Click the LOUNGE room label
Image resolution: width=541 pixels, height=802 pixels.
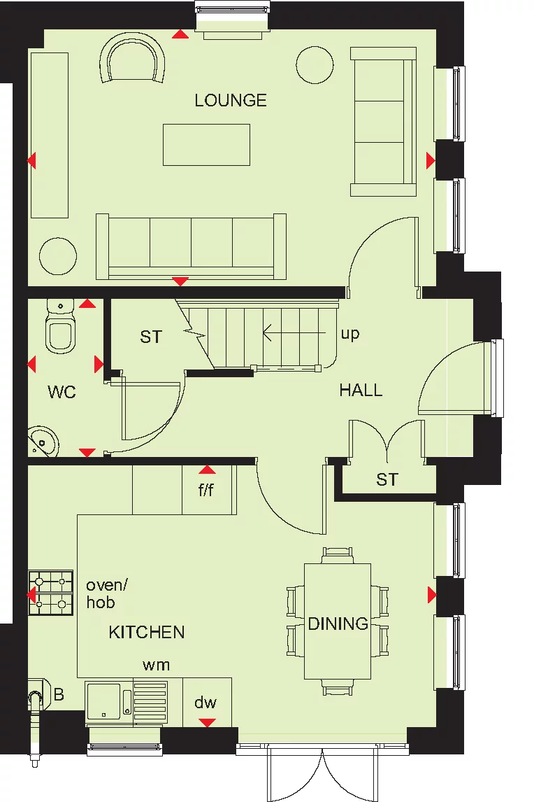pos(231,100)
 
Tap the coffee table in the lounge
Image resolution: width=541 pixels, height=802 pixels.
pos(206,145)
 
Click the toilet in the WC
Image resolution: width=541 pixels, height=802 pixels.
pos(60,329)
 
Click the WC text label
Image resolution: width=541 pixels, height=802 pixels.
pos(62,392)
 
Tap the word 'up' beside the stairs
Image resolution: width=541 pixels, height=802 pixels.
pos(350,334)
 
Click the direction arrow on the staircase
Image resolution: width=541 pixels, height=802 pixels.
pos(287,334)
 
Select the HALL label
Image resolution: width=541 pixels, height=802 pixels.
pos(361,390)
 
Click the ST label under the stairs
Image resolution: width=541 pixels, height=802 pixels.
pos(150,337)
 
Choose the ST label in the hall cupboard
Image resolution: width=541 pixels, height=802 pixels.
pos(387,479)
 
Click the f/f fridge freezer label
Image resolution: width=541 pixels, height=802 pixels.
pos(205,490)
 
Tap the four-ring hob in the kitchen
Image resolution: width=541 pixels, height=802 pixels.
pos(50,593)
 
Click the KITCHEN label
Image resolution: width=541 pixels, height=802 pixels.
pos(147,632)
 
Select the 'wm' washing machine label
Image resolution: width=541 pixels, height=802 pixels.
pos(156,665)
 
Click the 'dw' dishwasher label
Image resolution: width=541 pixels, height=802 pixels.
pos(205,703)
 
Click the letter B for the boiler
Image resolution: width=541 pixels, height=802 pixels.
pos(59,695)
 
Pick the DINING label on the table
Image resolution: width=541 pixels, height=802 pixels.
pos(338,623)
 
